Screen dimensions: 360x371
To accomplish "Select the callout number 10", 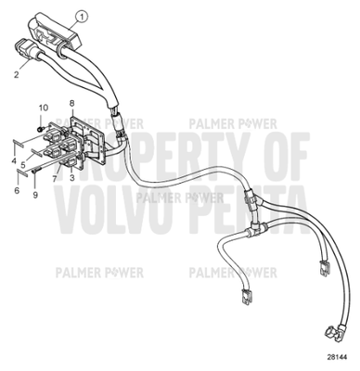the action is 41,109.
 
